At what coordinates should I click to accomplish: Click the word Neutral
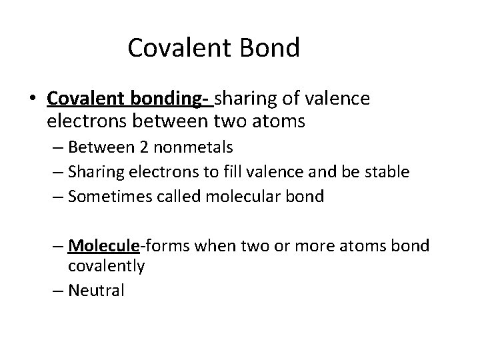[97, 291]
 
